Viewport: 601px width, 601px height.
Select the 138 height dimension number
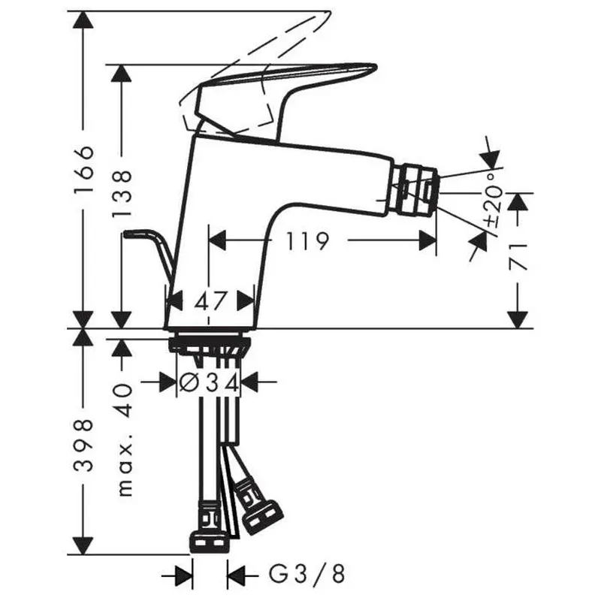point(122,194)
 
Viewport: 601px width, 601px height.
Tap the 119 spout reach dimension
point(307,241)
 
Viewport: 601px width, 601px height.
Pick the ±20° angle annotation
point(494,199)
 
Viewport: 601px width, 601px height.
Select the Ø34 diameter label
point(210,382)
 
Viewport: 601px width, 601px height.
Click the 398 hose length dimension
point(84,445)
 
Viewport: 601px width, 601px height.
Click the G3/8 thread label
point(307,574)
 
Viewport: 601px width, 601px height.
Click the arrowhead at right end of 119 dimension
point(427,240)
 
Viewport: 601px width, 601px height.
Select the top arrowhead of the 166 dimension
point(84,20)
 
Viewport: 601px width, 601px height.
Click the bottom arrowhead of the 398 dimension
point(84,545)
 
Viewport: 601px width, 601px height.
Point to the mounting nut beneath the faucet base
point(209,344)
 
